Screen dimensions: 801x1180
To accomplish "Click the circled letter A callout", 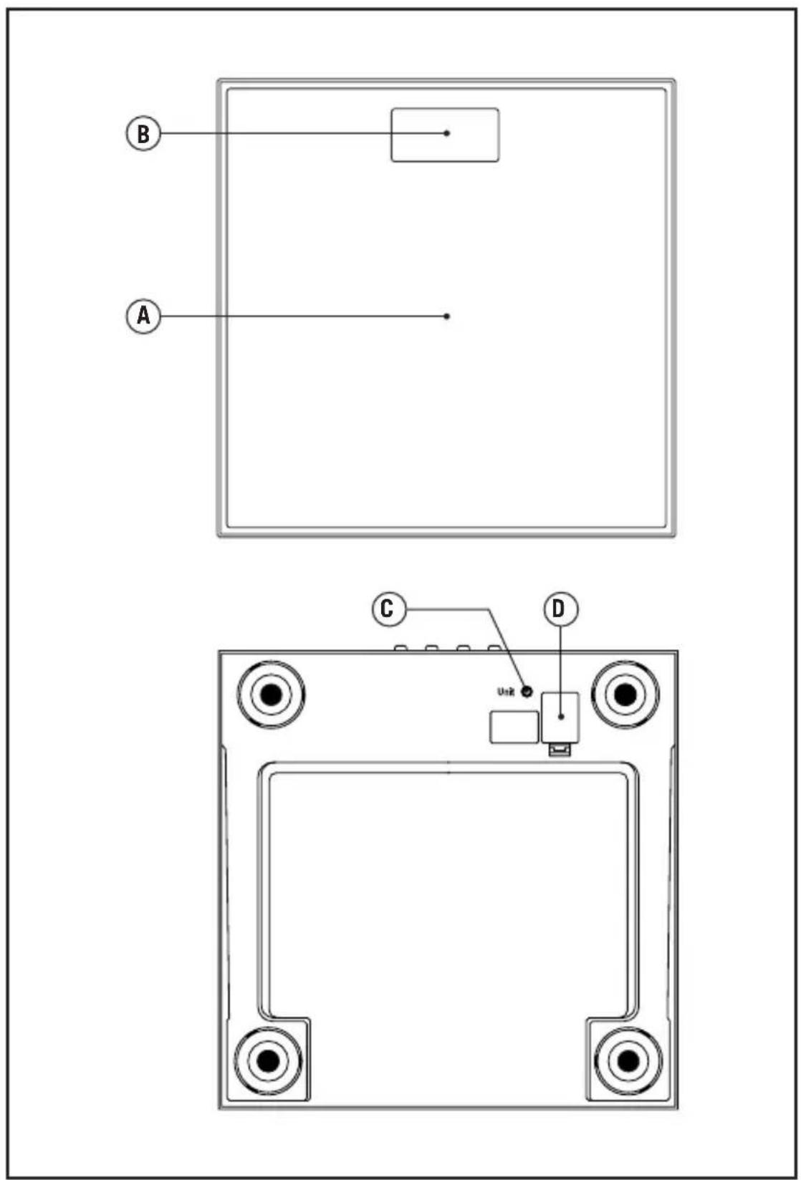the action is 143,316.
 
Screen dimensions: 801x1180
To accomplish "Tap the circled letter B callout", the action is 143,133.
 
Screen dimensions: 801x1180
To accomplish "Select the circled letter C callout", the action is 389,609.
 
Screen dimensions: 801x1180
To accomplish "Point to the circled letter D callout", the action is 560,609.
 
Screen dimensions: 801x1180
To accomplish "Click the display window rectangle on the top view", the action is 445,135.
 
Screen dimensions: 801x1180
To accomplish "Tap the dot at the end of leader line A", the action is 447,316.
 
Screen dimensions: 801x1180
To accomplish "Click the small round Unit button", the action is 527,692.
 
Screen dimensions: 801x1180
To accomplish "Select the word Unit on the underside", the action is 506,692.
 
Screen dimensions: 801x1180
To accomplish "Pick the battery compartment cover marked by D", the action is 560,717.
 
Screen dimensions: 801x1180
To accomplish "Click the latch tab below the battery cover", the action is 560,749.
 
